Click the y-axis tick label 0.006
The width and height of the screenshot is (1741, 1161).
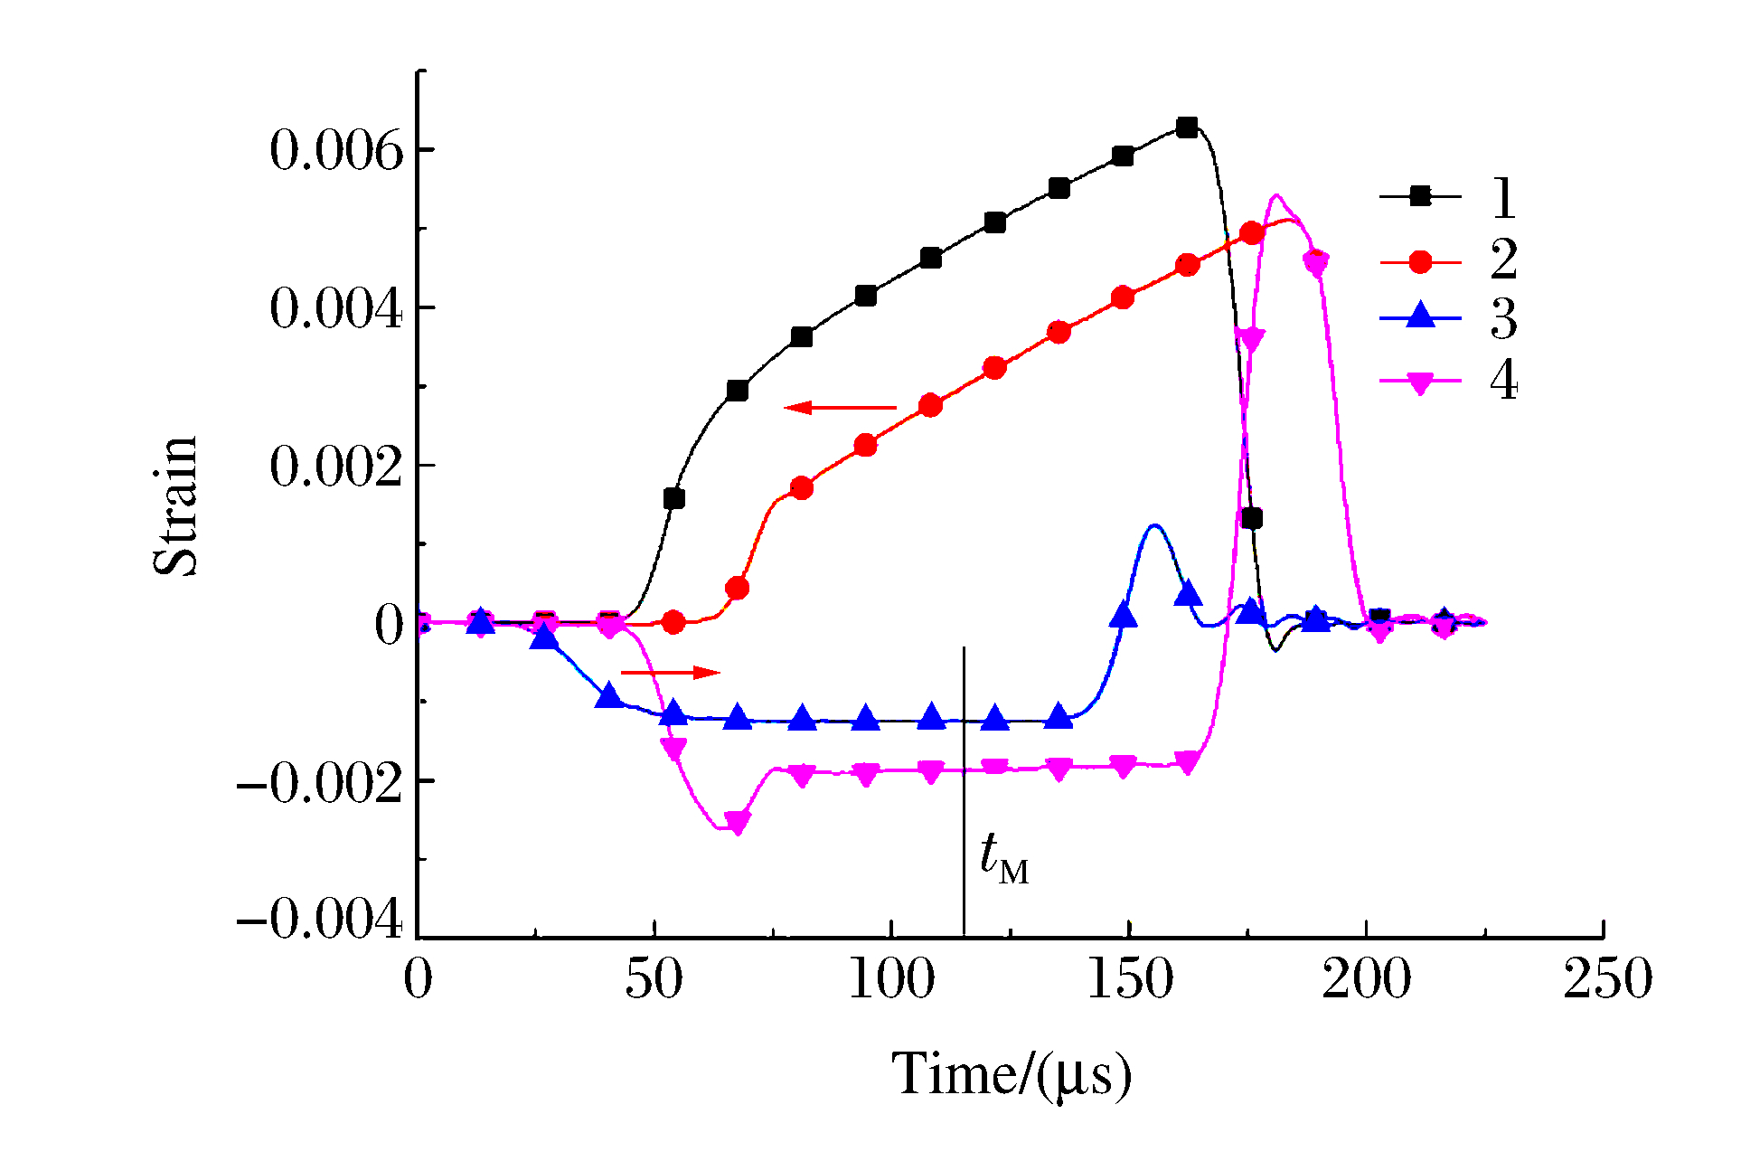coord(336,151)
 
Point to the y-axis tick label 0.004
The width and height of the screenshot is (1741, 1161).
coord(336,310)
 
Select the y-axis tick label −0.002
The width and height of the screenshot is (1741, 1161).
coord(319,784)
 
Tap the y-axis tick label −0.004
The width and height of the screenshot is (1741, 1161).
coord(319,921)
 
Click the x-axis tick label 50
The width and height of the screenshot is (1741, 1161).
coord(654,979)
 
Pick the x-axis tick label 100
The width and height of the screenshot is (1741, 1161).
coord(891,979)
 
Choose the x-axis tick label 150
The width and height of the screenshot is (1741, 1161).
coord(1129,979)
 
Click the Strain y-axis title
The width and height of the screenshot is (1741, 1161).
coord(175,506)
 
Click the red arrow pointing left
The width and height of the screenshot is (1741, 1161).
coord(840,408)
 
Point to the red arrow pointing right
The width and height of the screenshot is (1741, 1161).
coord(671,672)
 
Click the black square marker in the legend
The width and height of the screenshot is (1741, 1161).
coord(1420,196)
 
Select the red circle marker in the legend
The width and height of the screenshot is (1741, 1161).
coord(1420,262)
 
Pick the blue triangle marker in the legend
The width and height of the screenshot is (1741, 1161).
coord(1420,316)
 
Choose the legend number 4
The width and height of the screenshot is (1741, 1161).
coord(1503,381)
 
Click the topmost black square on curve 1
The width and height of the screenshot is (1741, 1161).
coord(1187,127)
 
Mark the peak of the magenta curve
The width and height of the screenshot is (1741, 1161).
coord(1275,195)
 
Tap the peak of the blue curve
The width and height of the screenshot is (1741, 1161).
coord(1153,525)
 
